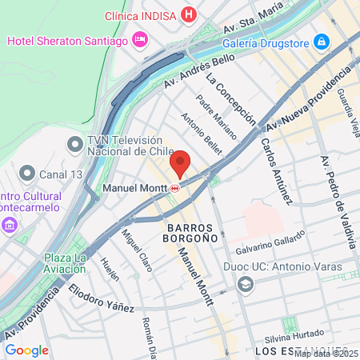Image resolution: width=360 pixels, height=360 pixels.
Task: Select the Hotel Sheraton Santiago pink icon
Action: point(141,39)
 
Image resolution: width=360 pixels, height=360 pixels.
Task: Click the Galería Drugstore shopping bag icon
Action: point(322,41)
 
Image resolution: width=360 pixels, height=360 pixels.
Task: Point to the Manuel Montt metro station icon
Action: point(174,189)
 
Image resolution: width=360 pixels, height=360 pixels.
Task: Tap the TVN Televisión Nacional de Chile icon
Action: point(75,144)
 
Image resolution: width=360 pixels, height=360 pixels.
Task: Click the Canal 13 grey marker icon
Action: point(27,173)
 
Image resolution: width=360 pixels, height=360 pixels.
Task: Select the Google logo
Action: point(26,350)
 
